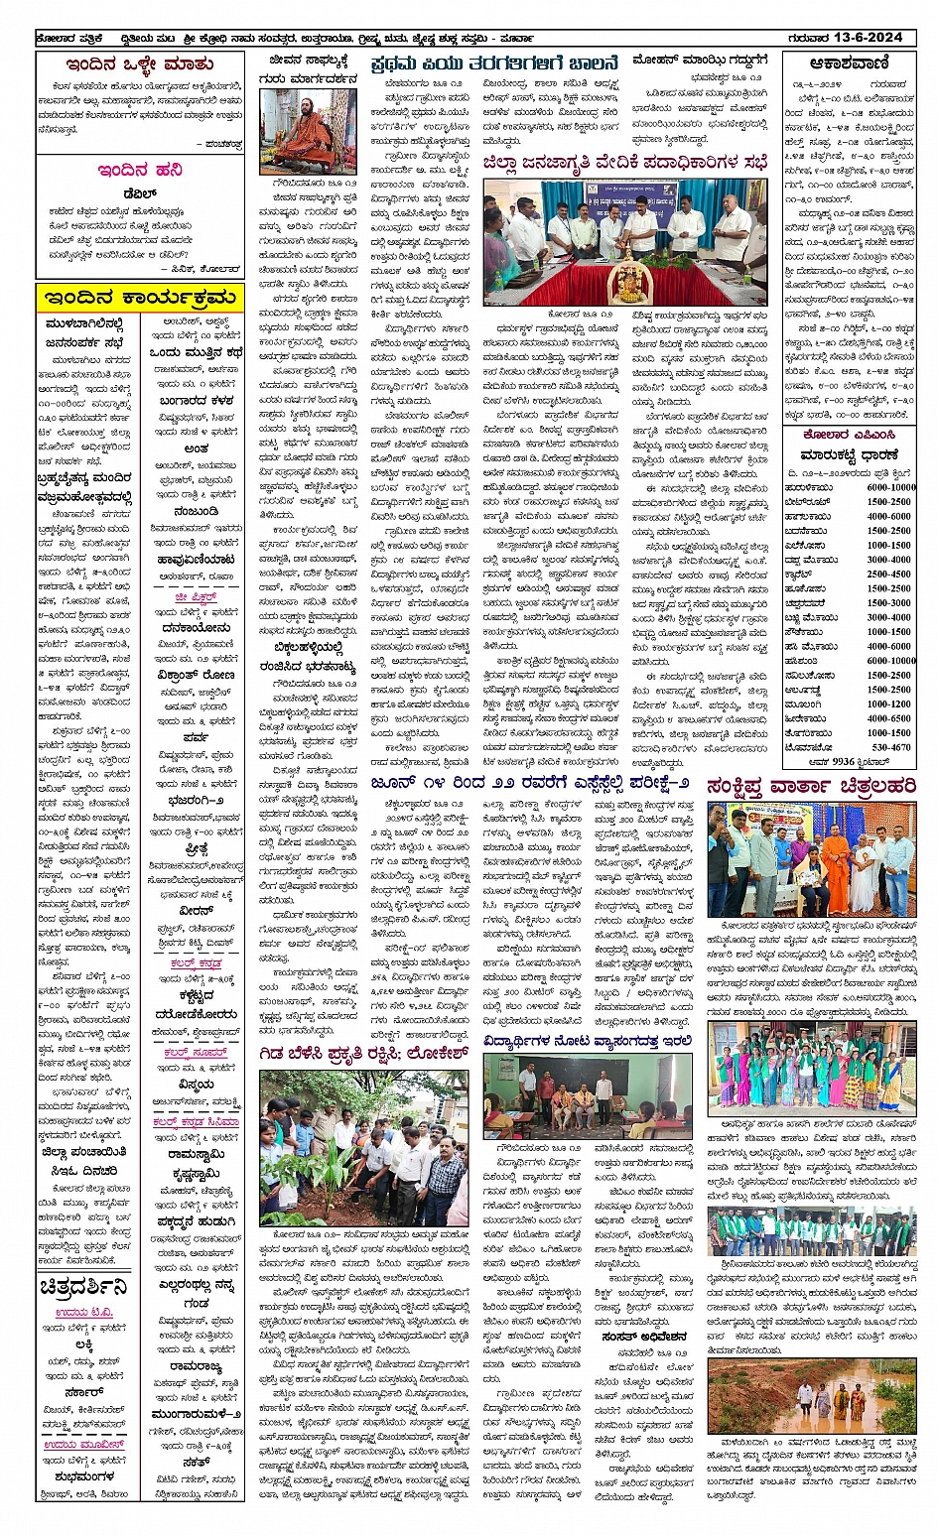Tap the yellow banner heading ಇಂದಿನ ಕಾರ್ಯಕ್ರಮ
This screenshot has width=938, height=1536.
[139, 299]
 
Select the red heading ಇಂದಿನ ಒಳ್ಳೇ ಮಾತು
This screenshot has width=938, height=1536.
[140, 65]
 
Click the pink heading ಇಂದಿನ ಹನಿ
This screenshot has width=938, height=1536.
[139, 171]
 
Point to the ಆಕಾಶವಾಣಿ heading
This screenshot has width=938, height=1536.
[848, 64]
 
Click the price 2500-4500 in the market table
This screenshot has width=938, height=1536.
[888, 574]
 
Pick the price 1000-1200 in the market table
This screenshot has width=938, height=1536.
[888, 704]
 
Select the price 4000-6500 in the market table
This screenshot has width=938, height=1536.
[888, 718]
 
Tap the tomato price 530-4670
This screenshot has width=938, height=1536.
[890, 747]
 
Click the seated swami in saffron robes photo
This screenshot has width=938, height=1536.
[308, 132]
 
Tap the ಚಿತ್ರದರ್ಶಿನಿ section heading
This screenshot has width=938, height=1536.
[85, 1288]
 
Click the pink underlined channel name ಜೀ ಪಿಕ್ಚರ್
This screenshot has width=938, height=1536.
[195, 598]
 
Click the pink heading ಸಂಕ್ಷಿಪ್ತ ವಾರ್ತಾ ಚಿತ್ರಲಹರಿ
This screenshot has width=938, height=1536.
[812, 786]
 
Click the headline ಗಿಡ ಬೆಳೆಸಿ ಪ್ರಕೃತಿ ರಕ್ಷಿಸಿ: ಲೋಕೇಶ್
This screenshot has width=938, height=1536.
[362, 1054]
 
